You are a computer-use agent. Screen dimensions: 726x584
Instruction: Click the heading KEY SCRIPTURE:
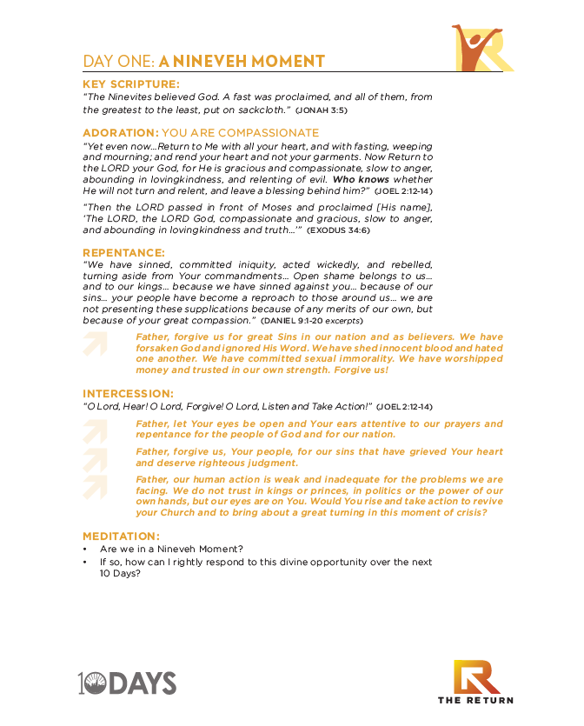coord(131,84)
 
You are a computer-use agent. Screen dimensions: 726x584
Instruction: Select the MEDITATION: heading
coord(122,536)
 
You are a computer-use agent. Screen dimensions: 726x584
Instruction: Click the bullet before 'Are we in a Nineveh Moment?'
coord(85,550)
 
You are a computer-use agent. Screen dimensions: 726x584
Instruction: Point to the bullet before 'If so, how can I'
coord(85,563)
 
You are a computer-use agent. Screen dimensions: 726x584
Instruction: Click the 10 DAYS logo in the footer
coord(128,683)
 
